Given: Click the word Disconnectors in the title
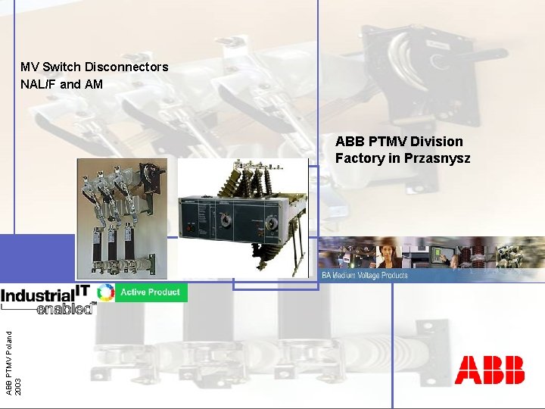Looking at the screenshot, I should [126, 67].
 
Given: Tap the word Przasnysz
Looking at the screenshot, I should [438, 158].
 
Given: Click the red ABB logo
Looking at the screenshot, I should [489, 370].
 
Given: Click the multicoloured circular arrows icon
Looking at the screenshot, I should [106, 292].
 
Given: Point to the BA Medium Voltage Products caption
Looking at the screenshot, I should [364, 275].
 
